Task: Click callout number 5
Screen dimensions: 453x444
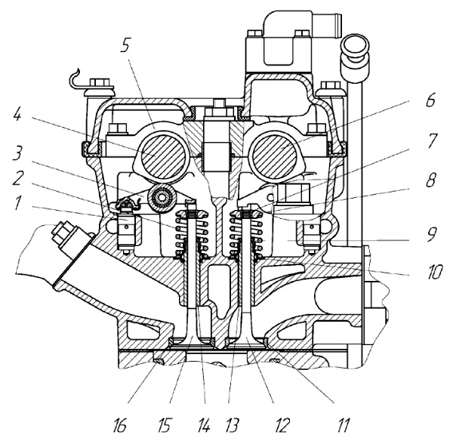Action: [x=125, y=45]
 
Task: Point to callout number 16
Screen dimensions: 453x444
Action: [x=119, y=425]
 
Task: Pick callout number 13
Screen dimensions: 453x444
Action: [x=232, y=425]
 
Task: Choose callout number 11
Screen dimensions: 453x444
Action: [x=343, y=425]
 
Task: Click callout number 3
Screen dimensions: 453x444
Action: [x=17, y=153]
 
